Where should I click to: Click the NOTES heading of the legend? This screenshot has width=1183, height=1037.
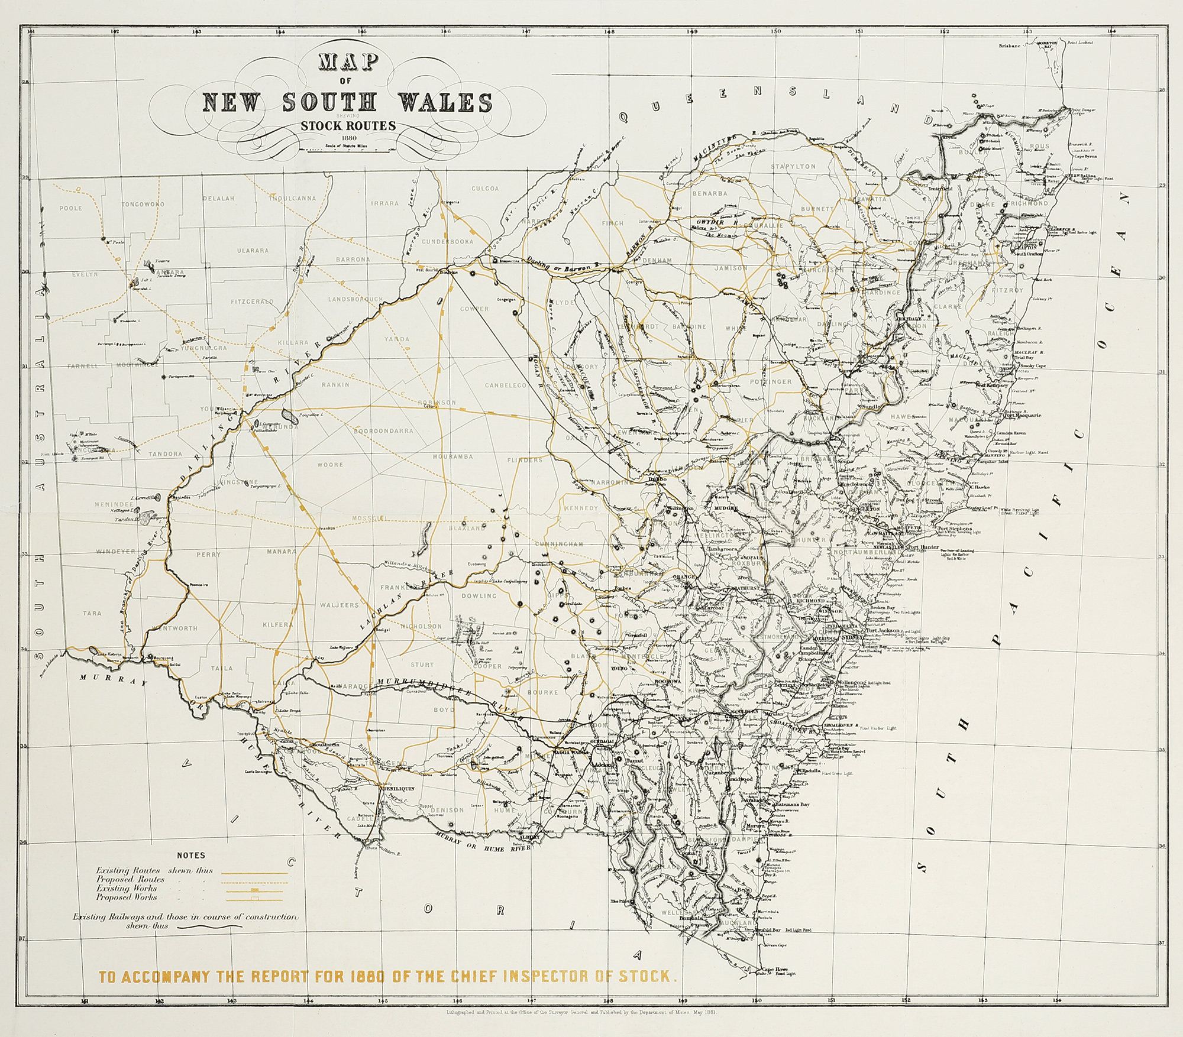(190, 855)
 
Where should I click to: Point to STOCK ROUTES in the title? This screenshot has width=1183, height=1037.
(348, 126)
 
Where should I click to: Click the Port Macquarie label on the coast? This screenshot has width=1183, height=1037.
(1022, 415)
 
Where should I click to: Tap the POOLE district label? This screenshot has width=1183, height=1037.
(70, 208)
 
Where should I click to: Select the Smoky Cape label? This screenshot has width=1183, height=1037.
(1033, 366)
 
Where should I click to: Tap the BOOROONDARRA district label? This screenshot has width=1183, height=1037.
(383, 431)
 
